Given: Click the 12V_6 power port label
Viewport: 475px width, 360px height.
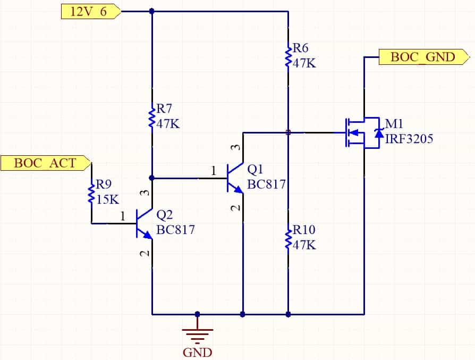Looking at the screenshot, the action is (x=91, y=12).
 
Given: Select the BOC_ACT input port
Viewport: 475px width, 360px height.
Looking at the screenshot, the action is (x=46, y=163).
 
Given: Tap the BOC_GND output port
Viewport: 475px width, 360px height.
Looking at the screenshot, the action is (x=424, y=57).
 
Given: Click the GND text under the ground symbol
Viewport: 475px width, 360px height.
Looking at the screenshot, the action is (x=198, y=353).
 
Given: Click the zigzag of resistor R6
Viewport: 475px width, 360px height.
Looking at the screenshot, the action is (x=288, y=57).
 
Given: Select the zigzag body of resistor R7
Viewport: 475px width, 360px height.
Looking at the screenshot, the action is (x=152, y=117).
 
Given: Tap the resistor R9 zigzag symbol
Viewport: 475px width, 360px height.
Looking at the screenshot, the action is (x=91, y=193).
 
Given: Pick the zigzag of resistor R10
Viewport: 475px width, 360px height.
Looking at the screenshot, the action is (x=288, y=238).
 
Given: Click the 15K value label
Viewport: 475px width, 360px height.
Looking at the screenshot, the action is (x=107, y=199).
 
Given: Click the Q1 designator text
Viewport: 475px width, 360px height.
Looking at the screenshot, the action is (x=255, y=169).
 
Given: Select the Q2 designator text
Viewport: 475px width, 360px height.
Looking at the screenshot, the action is (x=165, y=215).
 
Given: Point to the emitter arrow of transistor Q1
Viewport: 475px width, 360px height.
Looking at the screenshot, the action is (x=239, y=189).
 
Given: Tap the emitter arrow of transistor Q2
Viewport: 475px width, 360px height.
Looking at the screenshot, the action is (x=148, y=235).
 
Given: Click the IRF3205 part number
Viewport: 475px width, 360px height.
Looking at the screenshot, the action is (x=409, y=139).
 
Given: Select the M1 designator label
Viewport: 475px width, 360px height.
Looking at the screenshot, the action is (x=394, y=124).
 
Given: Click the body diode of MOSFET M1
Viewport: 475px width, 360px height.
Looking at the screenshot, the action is (x=379, y=133).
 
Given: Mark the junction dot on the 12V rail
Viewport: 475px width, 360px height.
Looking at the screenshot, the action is (x=152, y=12).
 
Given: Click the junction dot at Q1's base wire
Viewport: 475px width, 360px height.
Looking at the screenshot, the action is (x=152, y=178).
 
